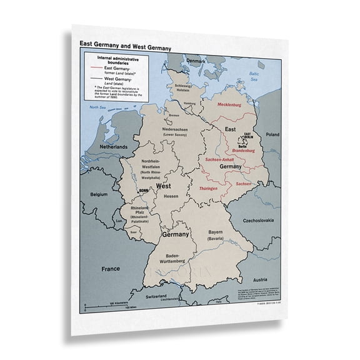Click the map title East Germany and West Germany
pos(125,46)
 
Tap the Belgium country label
pos(99,194)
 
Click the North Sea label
pos(97,107)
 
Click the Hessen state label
pos(171,196)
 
